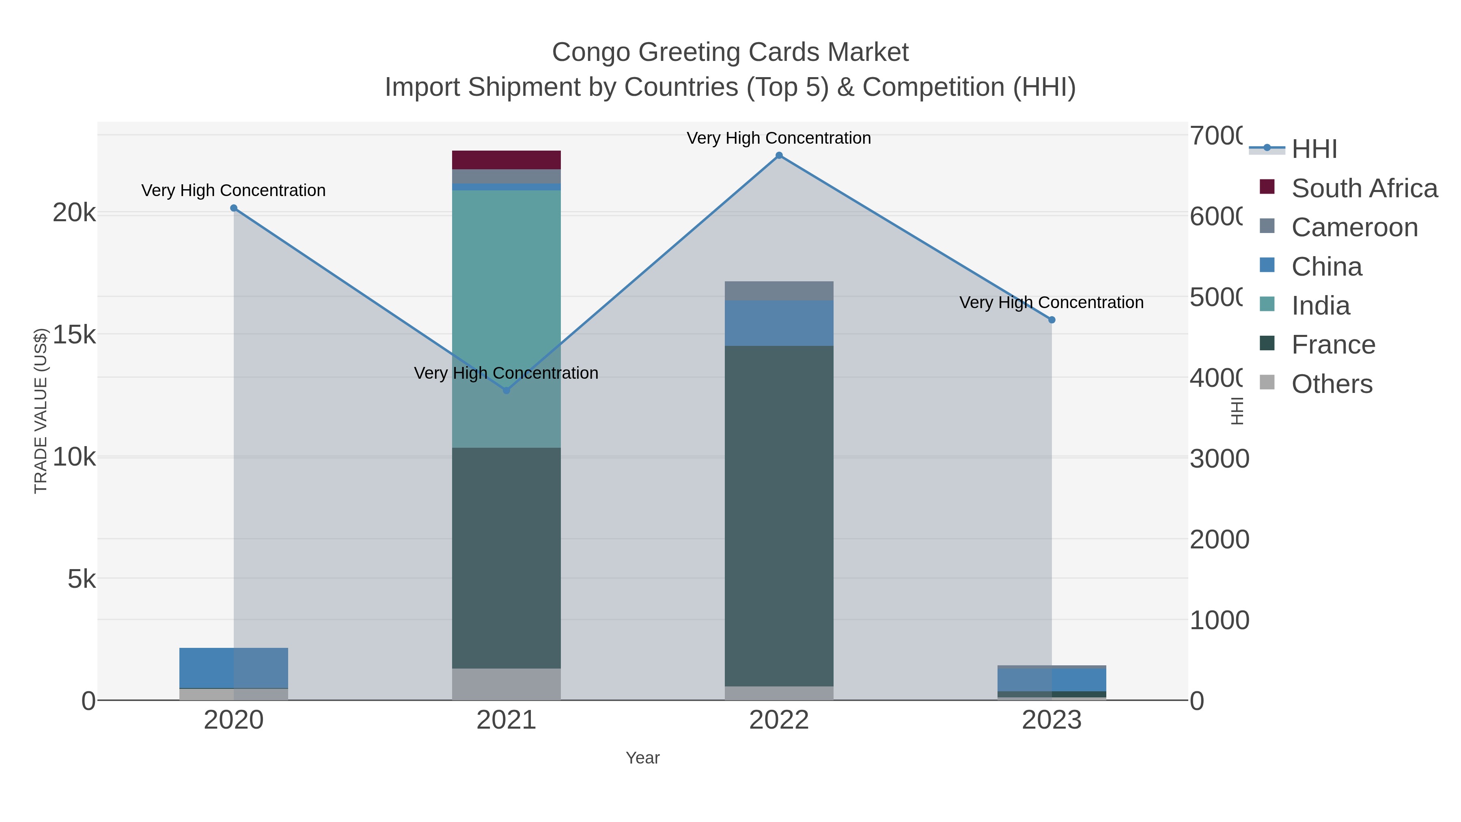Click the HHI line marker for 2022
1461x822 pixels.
tap(779, 155)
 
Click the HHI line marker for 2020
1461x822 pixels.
tap(234, 208)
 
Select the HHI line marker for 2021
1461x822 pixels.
tap(506, 390)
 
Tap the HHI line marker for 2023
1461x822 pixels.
tap(1052, 320)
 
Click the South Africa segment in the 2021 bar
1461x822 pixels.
tap(506, 160)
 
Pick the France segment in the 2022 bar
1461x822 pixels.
tap(779, 516)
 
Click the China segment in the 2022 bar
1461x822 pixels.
tap(779, 324)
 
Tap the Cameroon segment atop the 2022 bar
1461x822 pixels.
tap(779, 291)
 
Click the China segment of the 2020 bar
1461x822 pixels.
tap(234, 668)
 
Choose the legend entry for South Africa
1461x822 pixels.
tap(1364, 188)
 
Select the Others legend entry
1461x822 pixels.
tap(1332, 384)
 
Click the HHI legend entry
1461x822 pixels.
tap(1314, 149)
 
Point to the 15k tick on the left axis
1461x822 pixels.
tap(74, 335)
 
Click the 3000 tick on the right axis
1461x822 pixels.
tap(1219, 458)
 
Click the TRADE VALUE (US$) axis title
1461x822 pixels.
tap(41, 411)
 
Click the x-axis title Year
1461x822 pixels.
tap(642, 758)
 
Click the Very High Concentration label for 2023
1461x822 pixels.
tap(1051, 302)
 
